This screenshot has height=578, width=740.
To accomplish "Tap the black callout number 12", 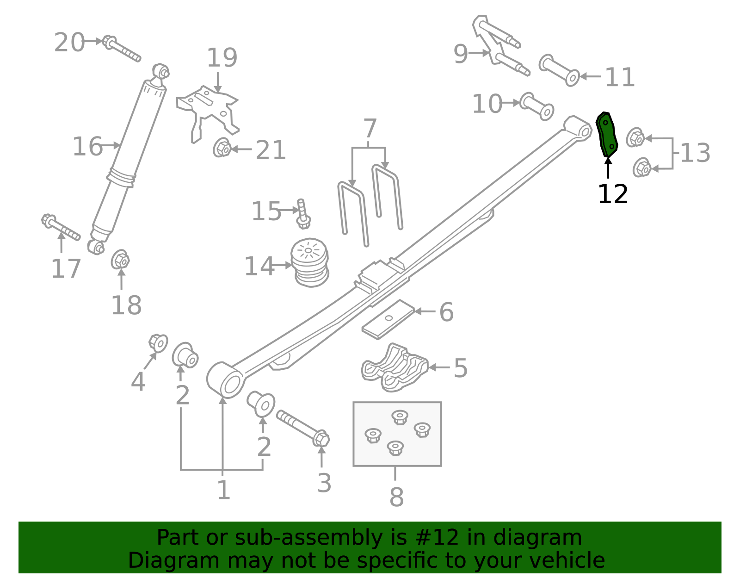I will point(612,194).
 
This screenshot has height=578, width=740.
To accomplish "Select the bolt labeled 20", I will point(121,49).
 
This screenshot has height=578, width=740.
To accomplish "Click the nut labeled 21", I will point(222,148).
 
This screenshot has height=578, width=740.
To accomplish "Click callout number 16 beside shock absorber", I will point(87,147).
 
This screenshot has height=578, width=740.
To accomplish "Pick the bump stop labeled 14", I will point(309,262).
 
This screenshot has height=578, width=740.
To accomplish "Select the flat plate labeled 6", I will point(388,319).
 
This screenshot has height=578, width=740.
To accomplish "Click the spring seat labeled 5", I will point(395,368).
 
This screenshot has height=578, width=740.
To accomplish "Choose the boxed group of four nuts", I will point(397,434).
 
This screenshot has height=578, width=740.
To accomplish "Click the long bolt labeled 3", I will point(303,428).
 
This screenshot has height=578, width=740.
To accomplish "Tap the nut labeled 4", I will point(158,342).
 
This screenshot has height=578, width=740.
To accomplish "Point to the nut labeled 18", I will point(120,261).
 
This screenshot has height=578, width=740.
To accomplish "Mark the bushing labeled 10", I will point(536,106).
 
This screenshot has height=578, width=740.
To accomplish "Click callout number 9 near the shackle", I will point(461,54).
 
